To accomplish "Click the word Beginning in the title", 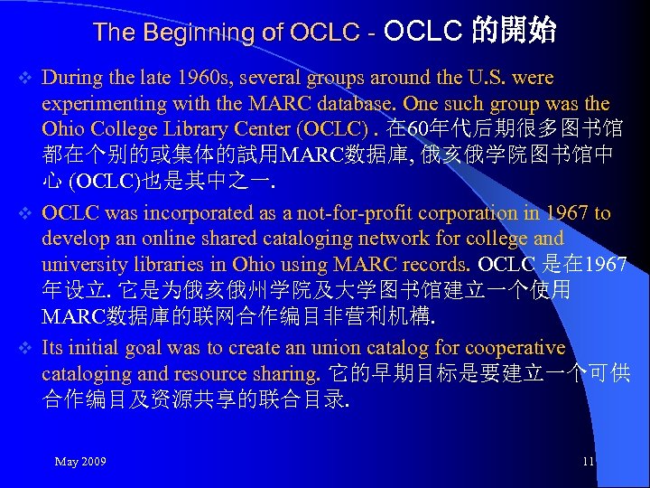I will click(x=198, y=33).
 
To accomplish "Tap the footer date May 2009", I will click(x=80, y=462).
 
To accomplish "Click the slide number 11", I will click(x=588, y=462).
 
